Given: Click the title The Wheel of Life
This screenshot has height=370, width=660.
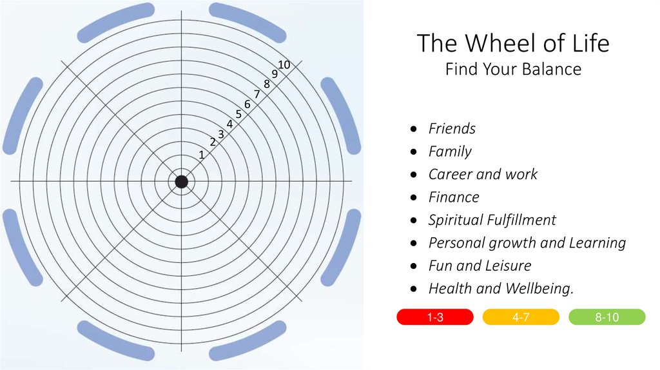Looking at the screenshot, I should pyautogui.click(x=513, y=44).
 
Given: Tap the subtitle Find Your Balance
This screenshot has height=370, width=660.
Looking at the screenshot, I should pyautogui.click(x=513, y=69).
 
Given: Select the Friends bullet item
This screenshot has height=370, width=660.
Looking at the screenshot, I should pyautogui.click(x=452, y=129).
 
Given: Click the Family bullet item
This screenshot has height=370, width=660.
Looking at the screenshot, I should pyautogui.click(x=450, y=151).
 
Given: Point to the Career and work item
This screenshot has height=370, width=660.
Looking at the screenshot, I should pyautogui.click(x=483, y=175).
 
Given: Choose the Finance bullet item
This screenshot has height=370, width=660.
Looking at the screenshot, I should pyautogui.click(x=454, y=197).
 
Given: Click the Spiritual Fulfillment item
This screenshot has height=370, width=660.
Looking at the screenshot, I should pyautogui.click(x=492, y=220).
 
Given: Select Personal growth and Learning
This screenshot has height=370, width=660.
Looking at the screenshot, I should pyautogui.click(x=527, y=243).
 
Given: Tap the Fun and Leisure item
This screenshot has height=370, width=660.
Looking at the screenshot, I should pyautogui.click(x=480, y=266).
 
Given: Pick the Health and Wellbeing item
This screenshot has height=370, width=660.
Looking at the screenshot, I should pyautogui.click(x=501, y=289).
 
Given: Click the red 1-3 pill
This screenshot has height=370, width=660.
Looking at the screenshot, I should pyautogui.click(x=435, y=317).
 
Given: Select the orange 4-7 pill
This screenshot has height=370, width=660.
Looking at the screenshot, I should pyautogui.click(x=521, y=317).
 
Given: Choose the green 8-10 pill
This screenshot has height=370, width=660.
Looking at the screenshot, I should pyautogui.click(x=607, y=317).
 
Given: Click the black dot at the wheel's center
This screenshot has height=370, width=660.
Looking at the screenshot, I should pyautogui.click(x=182, y=182).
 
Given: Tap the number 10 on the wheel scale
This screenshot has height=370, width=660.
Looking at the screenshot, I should pyautogui.click(x=284, y=64).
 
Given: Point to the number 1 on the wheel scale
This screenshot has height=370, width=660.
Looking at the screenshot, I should pyautogui.click(x=202, y=155).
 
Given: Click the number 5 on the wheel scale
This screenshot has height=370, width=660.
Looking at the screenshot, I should pyautogui.click(x=238, y=114).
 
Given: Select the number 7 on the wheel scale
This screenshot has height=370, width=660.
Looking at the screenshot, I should pyautogui.click(x=257, y=94).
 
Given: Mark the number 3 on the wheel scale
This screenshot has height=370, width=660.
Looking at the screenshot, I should pyautogui.click(x=220, y=134).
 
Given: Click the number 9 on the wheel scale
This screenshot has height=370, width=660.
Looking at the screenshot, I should pyautogui.click(x=275, y=74).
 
